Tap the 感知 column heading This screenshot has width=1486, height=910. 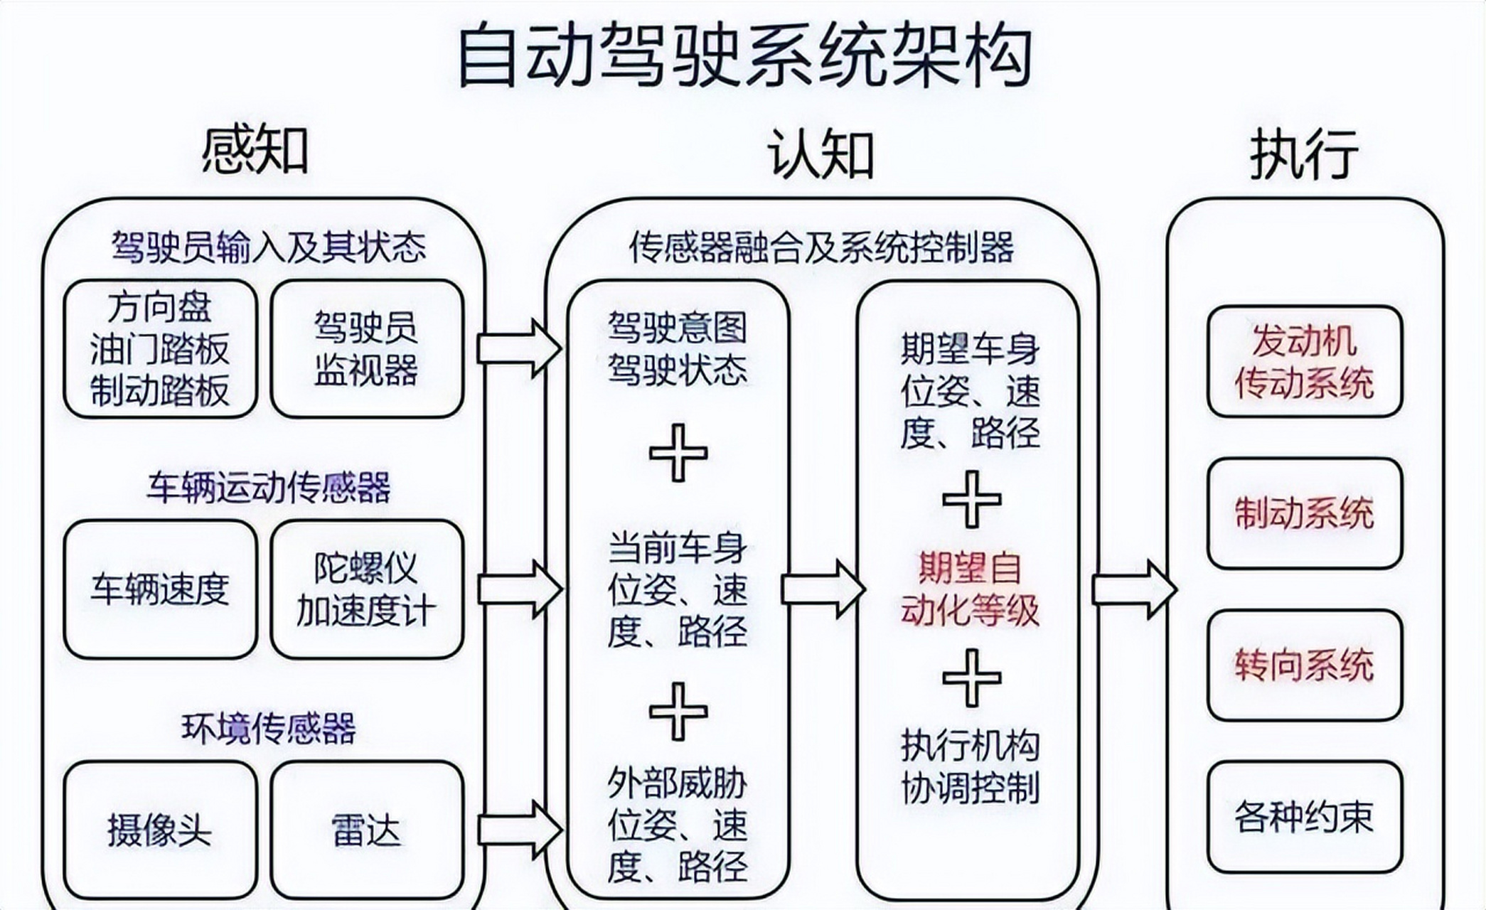tap(255, 151)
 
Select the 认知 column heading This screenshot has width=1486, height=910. tap(820, 154)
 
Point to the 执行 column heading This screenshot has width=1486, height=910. tap(1303, 154)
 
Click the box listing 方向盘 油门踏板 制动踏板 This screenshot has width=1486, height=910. tap(160, 348)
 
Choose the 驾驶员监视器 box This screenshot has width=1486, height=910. tap(367, 348)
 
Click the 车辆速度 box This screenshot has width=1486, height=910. tap(160, 589)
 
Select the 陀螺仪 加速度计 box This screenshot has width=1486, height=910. tap(367, 589)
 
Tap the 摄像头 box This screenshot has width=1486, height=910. tap(160, 830)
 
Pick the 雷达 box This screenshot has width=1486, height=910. tap(367, 830)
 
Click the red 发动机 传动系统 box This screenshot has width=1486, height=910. tap(1304, 362)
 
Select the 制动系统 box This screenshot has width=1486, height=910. tap(1304, 513)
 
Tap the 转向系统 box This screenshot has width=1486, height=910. tap(1304, 665)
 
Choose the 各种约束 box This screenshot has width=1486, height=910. tap(1304, 816)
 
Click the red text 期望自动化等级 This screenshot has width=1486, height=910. tap(970, 589)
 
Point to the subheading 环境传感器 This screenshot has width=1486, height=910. tap(268, 727)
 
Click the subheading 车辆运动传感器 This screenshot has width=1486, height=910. tap(268, 487)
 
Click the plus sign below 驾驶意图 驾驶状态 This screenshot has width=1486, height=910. tap(678, 453)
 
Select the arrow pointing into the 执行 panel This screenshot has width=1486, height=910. tap(1133, 589)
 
